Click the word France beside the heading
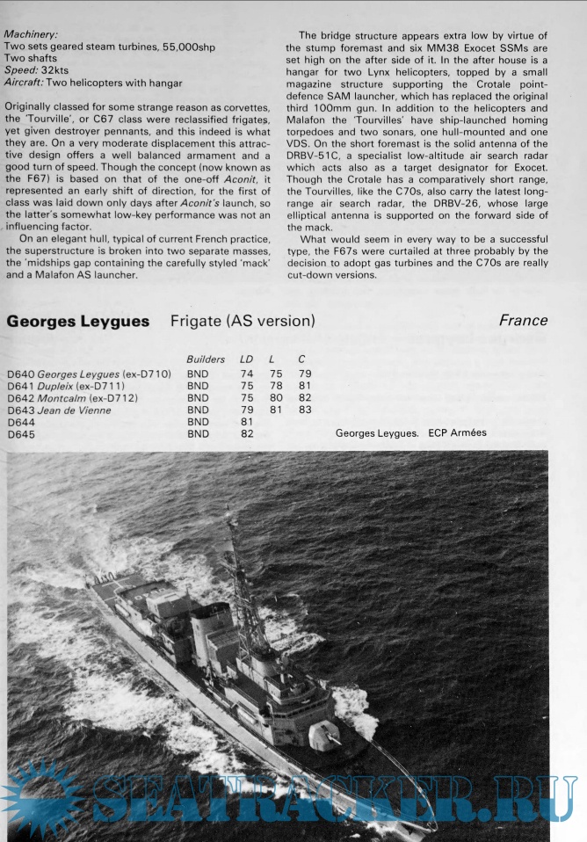point(523,321)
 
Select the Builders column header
point(206,359)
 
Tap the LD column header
point(247,359)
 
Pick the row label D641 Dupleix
point(65,386)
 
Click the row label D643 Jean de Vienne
point(58,410)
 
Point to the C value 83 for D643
point(305,410)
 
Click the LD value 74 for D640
point(246,374)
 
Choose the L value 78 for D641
point(276,386)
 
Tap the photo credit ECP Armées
point(457,433)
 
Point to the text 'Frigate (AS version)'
point(243,322)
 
